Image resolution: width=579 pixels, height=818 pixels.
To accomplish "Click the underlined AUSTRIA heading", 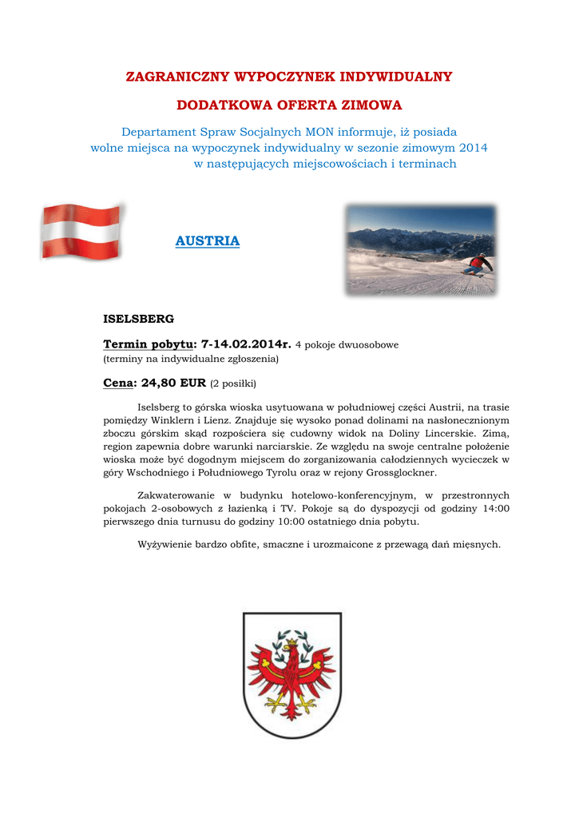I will coord(207,241).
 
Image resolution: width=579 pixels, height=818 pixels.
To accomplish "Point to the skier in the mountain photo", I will coord(478,264).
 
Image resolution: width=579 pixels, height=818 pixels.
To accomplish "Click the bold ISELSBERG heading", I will coord(139,319).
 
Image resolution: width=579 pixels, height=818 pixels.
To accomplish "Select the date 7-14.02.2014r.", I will coord(246,343).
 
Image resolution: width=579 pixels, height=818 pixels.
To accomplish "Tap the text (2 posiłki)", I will coord(233,383).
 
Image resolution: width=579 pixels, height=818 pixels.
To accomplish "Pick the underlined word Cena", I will coord(117,383).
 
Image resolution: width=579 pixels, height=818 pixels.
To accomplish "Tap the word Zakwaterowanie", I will coord(176,495).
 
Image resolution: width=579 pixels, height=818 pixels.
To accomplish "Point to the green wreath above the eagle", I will coord(291,637).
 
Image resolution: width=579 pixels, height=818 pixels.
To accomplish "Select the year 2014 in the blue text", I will coord(473,148).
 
